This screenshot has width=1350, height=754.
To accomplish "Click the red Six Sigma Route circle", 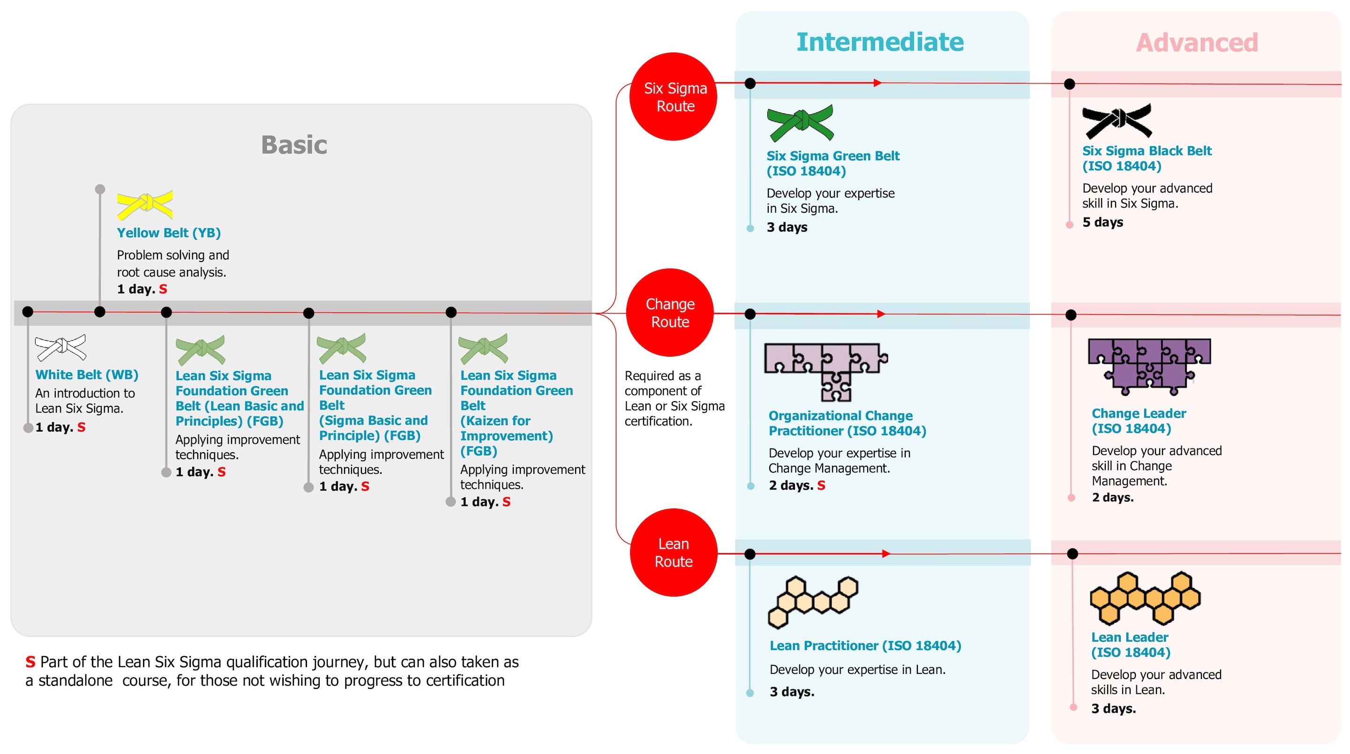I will coord(674,97).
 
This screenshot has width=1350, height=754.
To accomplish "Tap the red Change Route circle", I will coord(670,313).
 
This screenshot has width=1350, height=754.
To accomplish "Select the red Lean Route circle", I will coord(674,552).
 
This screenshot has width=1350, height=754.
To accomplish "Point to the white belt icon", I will coord(60,347).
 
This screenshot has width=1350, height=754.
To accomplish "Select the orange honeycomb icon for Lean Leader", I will coord(1145,598).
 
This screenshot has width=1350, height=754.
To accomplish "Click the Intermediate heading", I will coord(880,42).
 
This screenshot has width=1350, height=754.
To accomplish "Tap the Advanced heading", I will coord(1197,43).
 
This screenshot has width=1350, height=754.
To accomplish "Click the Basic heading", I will coord(294,145).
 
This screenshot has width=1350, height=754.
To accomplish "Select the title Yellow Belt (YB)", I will coord(169,232).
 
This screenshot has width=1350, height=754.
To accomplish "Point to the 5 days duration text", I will coord(1102,222).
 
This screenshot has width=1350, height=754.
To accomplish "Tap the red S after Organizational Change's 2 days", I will coord(821,485).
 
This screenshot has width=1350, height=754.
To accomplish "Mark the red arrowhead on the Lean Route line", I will coord(885,554).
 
